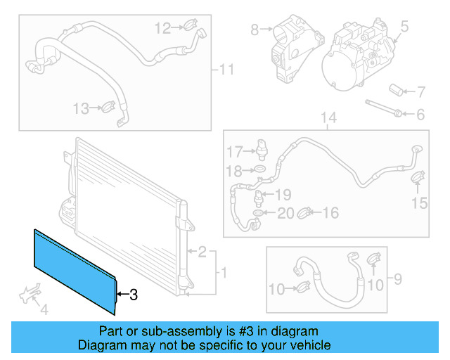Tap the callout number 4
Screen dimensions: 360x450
click(x=44, y=309)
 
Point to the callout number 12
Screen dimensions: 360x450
click(x=162, y=28)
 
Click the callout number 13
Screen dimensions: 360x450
click(x=81, y=108)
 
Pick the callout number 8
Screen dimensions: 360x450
click(x=255, y=30)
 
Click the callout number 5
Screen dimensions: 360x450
click(x=404, y=27)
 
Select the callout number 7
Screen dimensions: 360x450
click(x=420, y=91)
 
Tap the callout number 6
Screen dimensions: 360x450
click(x=420, y=114)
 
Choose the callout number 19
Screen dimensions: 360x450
click(x=282, y=194)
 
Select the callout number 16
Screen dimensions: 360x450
click(x=330, y=212)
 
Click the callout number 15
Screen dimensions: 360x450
click(x=419, y=203)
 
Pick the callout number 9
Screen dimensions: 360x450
click(x=397, y=280)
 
